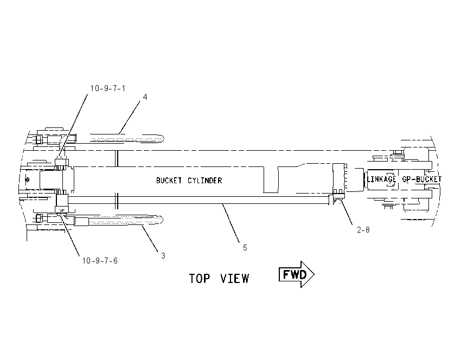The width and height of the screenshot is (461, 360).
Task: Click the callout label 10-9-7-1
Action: pyautogui.click(x=107, y=88)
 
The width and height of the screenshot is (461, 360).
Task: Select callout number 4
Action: pyautogui.click(x=145, y=97)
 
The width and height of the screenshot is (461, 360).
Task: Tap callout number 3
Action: pyautogui.click(x=163, y=256)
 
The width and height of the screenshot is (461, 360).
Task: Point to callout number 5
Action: pyautogui.click(x=245, y=247)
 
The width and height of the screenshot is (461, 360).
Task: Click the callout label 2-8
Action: pyautogui.click(x=363, y=230)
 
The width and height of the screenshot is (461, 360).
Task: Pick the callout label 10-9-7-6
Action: pyautogui.click(x=100, y=261)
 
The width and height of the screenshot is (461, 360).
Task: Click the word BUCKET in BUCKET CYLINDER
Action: pyautogui.click(x=169, y=181)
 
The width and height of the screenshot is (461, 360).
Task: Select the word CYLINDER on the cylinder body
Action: pyautogui.click(x=205, y=181)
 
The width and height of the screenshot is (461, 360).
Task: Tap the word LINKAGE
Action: pyautogui.click(x=381, y=179)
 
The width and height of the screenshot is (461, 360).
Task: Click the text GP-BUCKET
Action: pyautogui.click(x=421, y=179)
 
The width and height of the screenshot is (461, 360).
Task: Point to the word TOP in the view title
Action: pyautogui.click(x=200, y=278)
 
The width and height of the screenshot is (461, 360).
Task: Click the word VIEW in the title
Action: pyautogui.click(x=234, y=278)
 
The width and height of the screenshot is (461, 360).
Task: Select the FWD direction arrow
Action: pyautogui.click(x=296, y=274)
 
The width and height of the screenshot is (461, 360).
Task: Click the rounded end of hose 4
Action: pyautogui.click(x=161, y=138)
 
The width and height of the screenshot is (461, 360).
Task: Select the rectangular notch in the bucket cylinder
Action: pyautogui.click(x=271, y=180)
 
